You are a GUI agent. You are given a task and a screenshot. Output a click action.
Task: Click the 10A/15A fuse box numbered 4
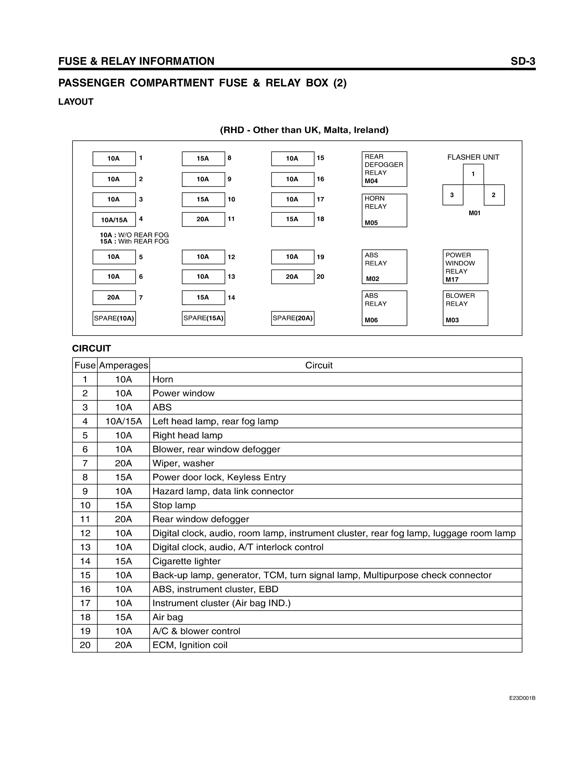114,220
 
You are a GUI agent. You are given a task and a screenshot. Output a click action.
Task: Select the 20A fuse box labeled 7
114,297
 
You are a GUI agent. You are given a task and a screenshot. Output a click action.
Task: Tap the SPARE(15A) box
204,318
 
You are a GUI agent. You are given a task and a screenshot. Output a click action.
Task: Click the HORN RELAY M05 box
384,211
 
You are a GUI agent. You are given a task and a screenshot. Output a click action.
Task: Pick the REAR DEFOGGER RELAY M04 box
384,169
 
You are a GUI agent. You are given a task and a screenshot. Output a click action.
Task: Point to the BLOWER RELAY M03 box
465,308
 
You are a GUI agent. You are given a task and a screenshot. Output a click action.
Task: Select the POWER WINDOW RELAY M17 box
465,267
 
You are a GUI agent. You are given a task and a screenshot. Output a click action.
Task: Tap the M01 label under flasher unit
474,213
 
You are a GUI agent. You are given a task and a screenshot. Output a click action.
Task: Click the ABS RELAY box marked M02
384,267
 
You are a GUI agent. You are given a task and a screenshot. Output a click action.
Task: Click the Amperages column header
124,365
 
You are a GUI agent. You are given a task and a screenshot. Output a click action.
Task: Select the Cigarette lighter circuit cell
186,561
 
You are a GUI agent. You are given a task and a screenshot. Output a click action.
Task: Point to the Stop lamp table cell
174,505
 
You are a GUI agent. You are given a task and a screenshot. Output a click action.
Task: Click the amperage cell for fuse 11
124,519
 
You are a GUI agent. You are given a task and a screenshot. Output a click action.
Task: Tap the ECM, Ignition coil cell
190,645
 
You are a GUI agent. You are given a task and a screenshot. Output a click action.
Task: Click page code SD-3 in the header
523,61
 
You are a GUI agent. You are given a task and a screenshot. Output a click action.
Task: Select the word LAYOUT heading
76,102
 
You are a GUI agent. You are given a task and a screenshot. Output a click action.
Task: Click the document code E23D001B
522,698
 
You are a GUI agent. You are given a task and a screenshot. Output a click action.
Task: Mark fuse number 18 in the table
85,617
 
